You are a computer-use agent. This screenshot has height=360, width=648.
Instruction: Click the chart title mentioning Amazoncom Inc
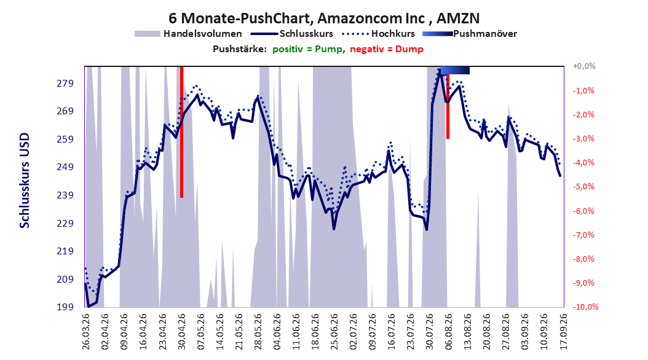[x=323, y=18]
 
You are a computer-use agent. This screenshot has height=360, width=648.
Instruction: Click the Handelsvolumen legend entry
[x=188, y=34]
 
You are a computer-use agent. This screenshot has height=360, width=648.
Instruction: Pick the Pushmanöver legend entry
[x=470, y=34]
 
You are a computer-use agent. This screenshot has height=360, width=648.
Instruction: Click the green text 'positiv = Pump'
[x=307, y=49]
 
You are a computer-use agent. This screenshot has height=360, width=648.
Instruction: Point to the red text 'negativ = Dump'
[x=387, y=49]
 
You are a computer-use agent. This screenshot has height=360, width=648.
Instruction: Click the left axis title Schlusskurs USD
[x=25, y=181]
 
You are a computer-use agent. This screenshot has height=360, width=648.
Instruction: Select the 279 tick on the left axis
[x=65, y=84]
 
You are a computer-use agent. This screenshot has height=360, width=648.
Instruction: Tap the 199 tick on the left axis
[x=65, y=307]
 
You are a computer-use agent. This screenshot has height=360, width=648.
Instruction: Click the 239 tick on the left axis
[x=65, y=195]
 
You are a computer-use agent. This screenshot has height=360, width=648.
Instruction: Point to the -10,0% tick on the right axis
[x=585, y=307]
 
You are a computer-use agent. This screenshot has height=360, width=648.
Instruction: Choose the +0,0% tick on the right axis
[x=584, y=66]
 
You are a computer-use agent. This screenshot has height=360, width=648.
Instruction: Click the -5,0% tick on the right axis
[x=584, y=187]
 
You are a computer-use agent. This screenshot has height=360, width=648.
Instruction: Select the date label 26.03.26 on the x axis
[x=86, y=332]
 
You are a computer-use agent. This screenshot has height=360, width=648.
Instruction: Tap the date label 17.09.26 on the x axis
[x=563, y=332]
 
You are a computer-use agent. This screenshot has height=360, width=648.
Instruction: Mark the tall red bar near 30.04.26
[x=181, y=132]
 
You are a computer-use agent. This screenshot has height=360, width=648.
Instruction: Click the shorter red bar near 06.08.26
[x=448, y=106]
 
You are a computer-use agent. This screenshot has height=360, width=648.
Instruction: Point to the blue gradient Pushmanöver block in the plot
[x=455, y=71]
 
